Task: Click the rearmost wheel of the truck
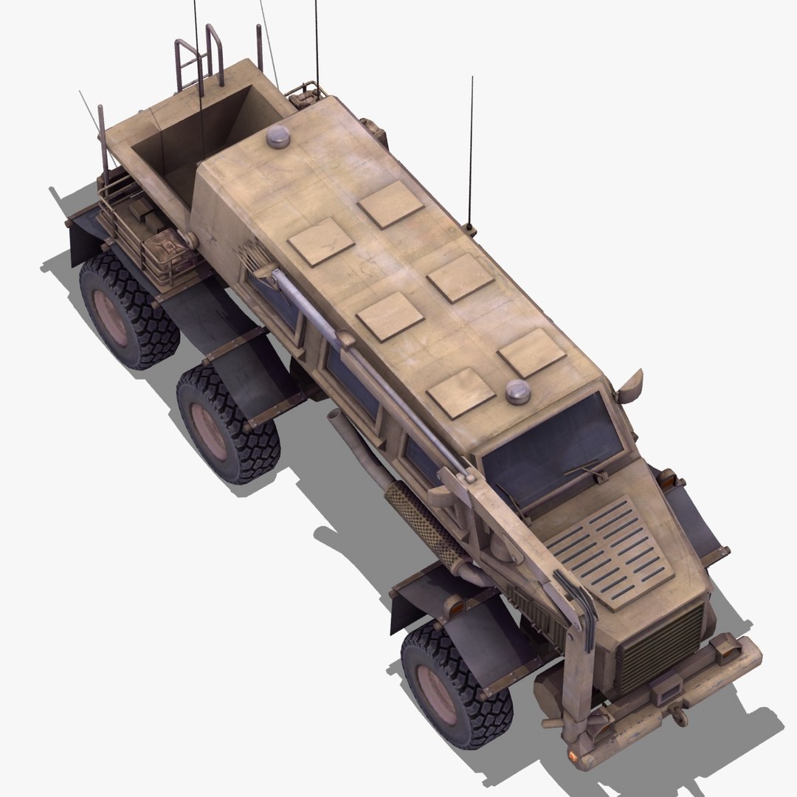tap(128, 310)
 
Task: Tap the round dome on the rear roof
tap(279, 136)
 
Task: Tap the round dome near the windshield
tap(519, 392)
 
